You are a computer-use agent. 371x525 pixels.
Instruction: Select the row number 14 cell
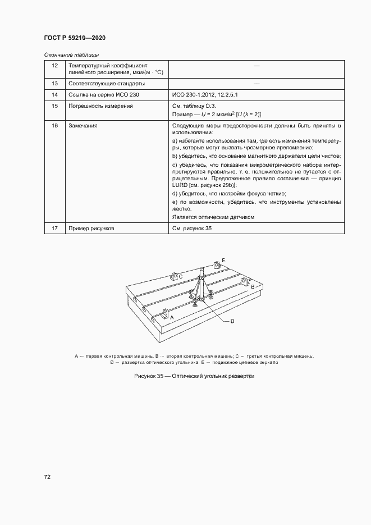[x=54, y=95]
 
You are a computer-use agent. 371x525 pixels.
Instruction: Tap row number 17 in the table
[x=54, y=229]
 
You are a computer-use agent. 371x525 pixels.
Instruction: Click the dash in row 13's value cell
[x=256, y=84]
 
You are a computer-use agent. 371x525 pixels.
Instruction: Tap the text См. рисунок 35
[x=193, y=229]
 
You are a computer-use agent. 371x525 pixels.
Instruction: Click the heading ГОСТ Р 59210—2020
[x=75, y=38]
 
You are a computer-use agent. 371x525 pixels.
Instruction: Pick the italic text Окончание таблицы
[x=71, y=54]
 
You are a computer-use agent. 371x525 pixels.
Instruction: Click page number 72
[x=47, y=477]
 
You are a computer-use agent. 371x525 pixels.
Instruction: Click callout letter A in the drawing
[x=172, y=317]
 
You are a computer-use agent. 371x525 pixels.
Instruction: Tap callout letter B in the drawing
[x=253, y=286]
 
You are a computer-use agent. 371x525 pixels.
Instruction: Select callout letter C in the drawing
[x=181, y=276]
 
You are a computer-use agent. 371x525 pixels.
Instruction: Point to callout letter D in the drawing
[x=232, y=321]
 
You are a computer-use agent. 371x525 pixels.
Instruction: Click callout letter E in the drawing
[x=223, y=260]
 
